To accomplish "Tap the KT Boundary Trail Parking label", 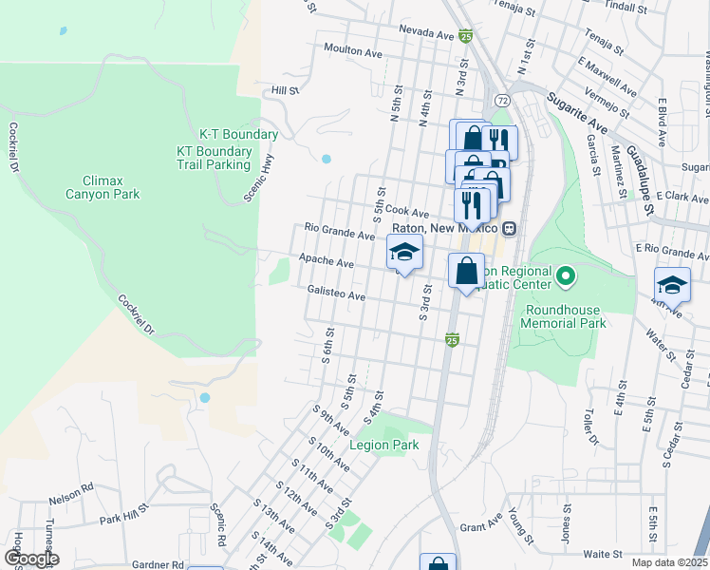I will pyautogui.click(x=215, y=158).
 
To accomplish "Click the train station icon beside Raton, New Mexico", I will pyautogui.click(x=510, y=228).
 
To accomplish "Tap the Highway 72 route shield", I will pyautogui.click(x=501, y=100).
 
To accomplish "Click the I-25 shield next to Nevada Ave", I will pyautogui.click(x=465, y=35).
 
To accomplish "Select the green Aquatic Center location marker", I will pyautogui.click(x=566, y=277).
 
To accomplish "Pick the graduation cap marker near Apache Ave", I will pyautogui.click(x=404, y=253).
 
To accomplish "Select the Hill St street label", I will pyautogui.click(x=285, y=91).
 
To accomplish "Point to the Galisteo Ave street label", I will pyautogui.click(x=336, y=295).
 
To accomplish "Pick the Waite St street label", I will pyautogui.click(x=602, y=553).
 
